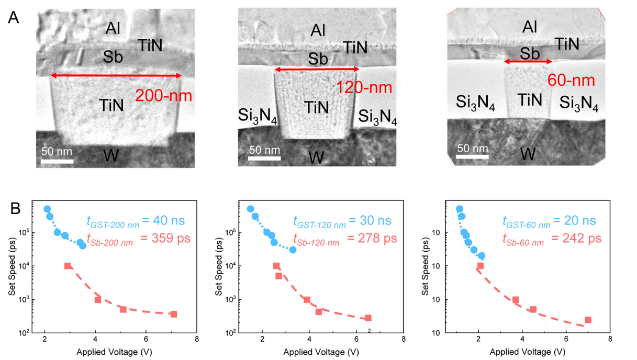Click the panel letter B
coord(16,209)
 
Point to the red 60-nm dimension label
coord(572,80)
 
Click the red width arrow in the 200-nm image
coord(115,76)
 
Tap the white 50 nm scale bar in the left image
coord(57,161)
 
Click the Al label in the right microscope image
coord(530,27)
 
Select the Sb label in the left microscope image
coord(113,57)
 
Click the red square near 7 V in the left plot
coord(174,314)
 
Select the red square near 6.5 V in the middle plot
coord(368,318)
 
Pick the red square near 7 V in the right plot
coord(588,320)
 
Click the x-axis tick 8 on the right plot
coord(610,339)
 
